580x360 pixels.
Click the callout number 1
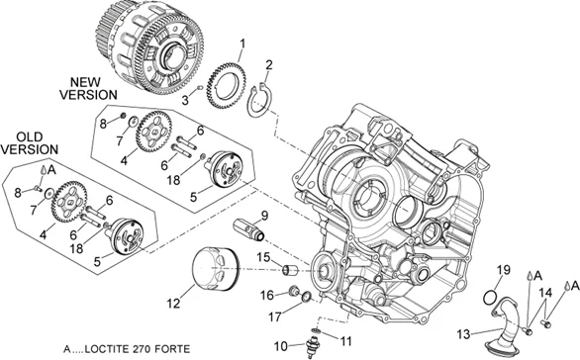pyautogui.click(x=242, y=44)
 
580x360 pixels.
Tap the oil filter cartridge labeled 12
pyautogui.click(x=216, y=269)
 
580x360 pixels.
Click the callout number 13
pyautogui.click(x=463, y=334)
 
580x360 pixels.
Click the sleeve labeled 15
pyautogui.click(x=290, y=270)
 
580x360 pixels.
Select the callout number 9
pyautogui.click(x=264, y=216)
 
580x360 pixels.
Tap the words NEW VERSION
pyautogui.click(x=88, y=88)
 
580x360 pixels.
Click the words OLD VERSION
pyautogui.click(x=30, y=143)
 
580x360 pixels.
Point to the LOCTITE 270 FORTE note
pyautogui.click(x=127, y=348)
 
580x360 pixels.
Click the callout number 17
pyautogui.click(x=275, y=316)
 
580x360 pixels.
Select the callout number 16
pyautogui.click(x=267, y=295)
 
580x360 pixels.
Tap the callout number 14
pyautogui.click(x=545, y=293)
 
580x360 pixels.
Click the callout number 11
pyautogui.click(x=345, y=341)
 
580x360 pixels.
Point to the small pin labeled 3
pyautogui.click(x=200, y=88)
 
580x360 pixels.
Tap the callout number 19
pyautogui.click(x=503, y=270)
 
